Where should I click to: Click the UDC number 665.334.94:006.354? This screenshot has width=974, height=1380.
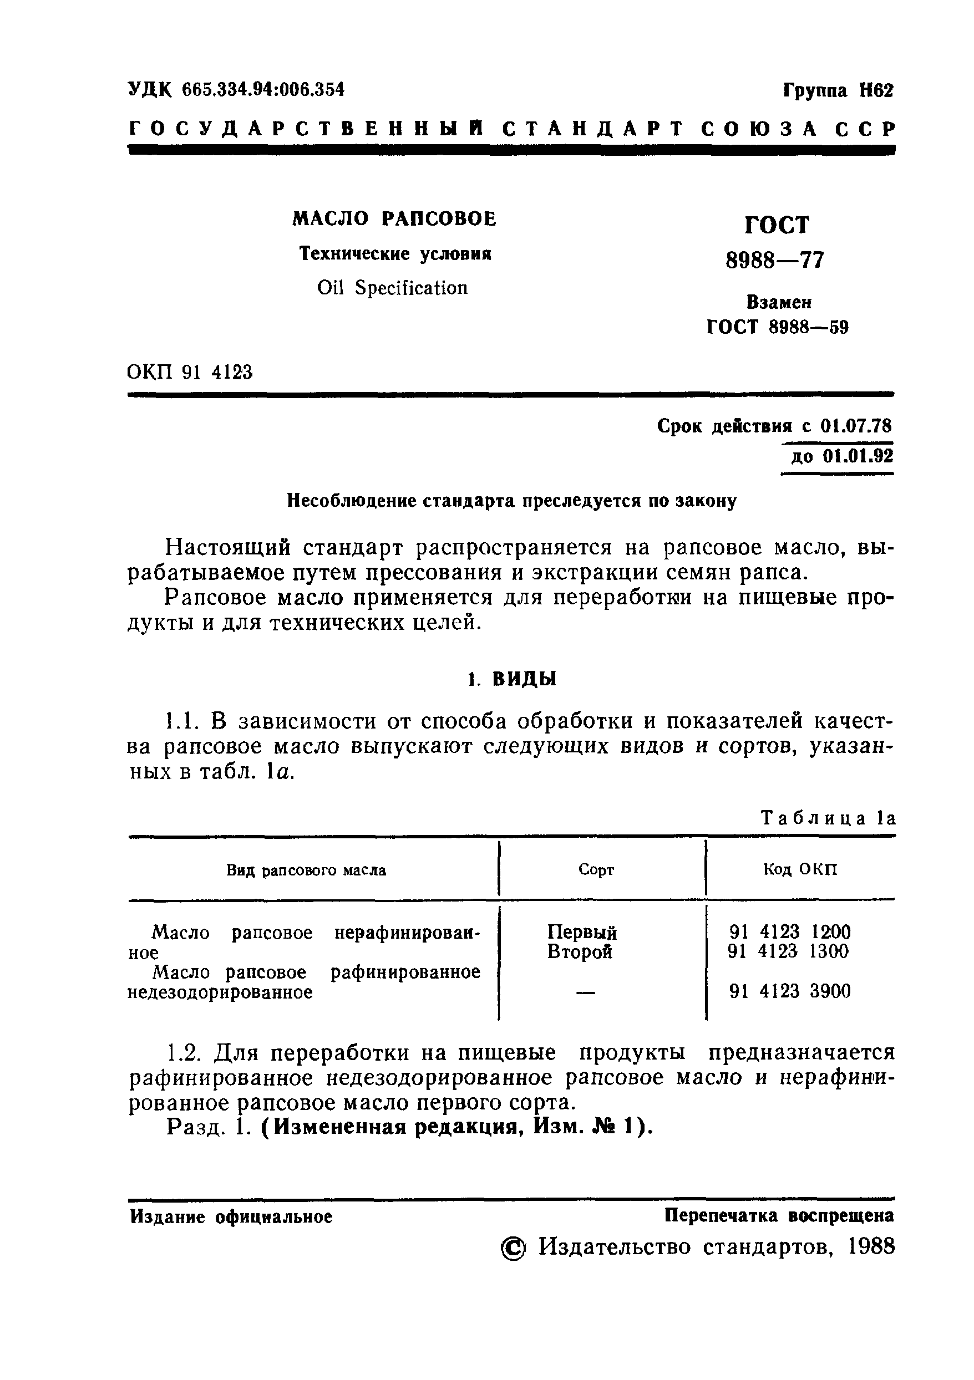263,90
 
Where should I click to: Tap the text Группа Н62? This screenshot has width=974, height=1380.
838,91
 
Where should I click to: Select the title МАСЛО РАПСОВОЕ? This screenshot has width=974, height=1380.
394,219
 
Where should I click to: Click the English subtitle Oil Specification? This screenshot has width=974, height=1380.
392,288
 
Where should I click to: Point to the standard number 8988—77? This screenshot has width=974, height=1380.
775,260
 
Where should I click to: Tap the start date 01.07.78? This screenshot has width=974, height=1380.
856,426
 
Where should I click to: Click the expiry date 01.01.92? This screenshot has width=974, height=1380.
858,456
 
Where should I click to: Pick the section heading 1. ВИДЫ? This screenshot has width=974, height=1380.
513,679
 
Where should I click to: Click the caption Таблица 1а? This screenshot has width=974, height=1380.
829,818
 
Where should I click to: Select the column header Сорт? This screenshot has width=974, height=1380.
596,870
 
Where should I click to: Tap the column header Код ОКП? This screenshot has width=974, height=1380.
800,869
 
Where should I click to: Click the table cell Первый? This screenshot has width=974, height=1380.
581,932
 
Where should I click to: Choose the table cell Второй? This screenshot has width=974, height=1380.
580,951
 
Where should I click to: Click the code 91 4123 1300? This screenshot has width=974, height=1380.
788,951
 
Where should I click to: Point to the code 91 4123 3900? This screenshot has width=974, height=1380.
789,991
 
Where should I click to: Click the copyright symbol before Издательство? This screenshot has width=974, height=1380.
513,1250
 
